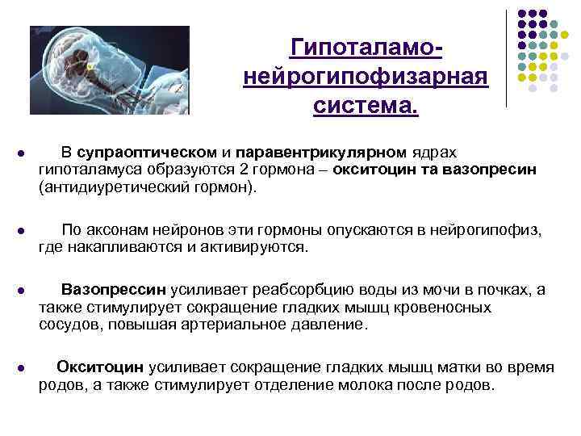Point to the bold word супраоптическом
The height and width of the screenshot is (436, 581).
(148, 152)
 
